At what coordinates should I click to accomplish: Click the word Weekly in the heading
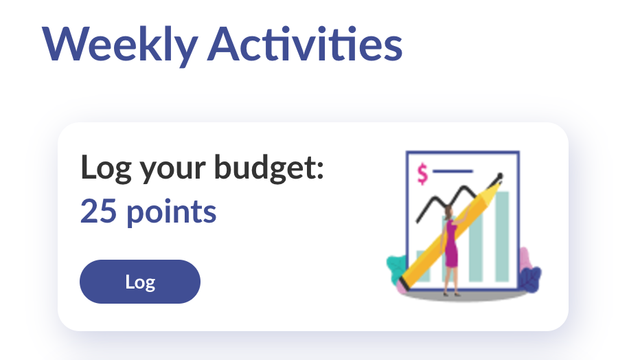click(x=120, y=45)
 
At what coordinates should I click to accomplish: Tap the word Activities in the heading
click(x=305, y=43)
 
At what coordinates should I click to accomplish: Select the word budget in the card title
click(x=268, y=168)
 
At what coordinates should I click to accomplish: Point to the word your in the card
click(x=173, y=171)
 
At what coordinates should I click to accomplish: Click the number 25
click(x=98, y=211)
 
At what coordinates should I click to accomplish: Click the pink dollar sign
click(x=422, y=174)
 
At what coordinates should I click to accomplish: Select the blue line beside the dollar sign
click(x=453, y=171)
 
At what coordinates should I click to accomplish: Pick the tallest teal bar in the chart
click(x=502, y=236)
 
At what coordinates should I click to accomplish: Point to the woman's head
click(x=449, y=212)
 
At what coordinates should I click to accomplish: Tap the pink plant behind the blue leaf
click(x=525, y=260)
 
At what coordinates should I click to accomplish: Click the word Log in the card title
click(x=106, y=168)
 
